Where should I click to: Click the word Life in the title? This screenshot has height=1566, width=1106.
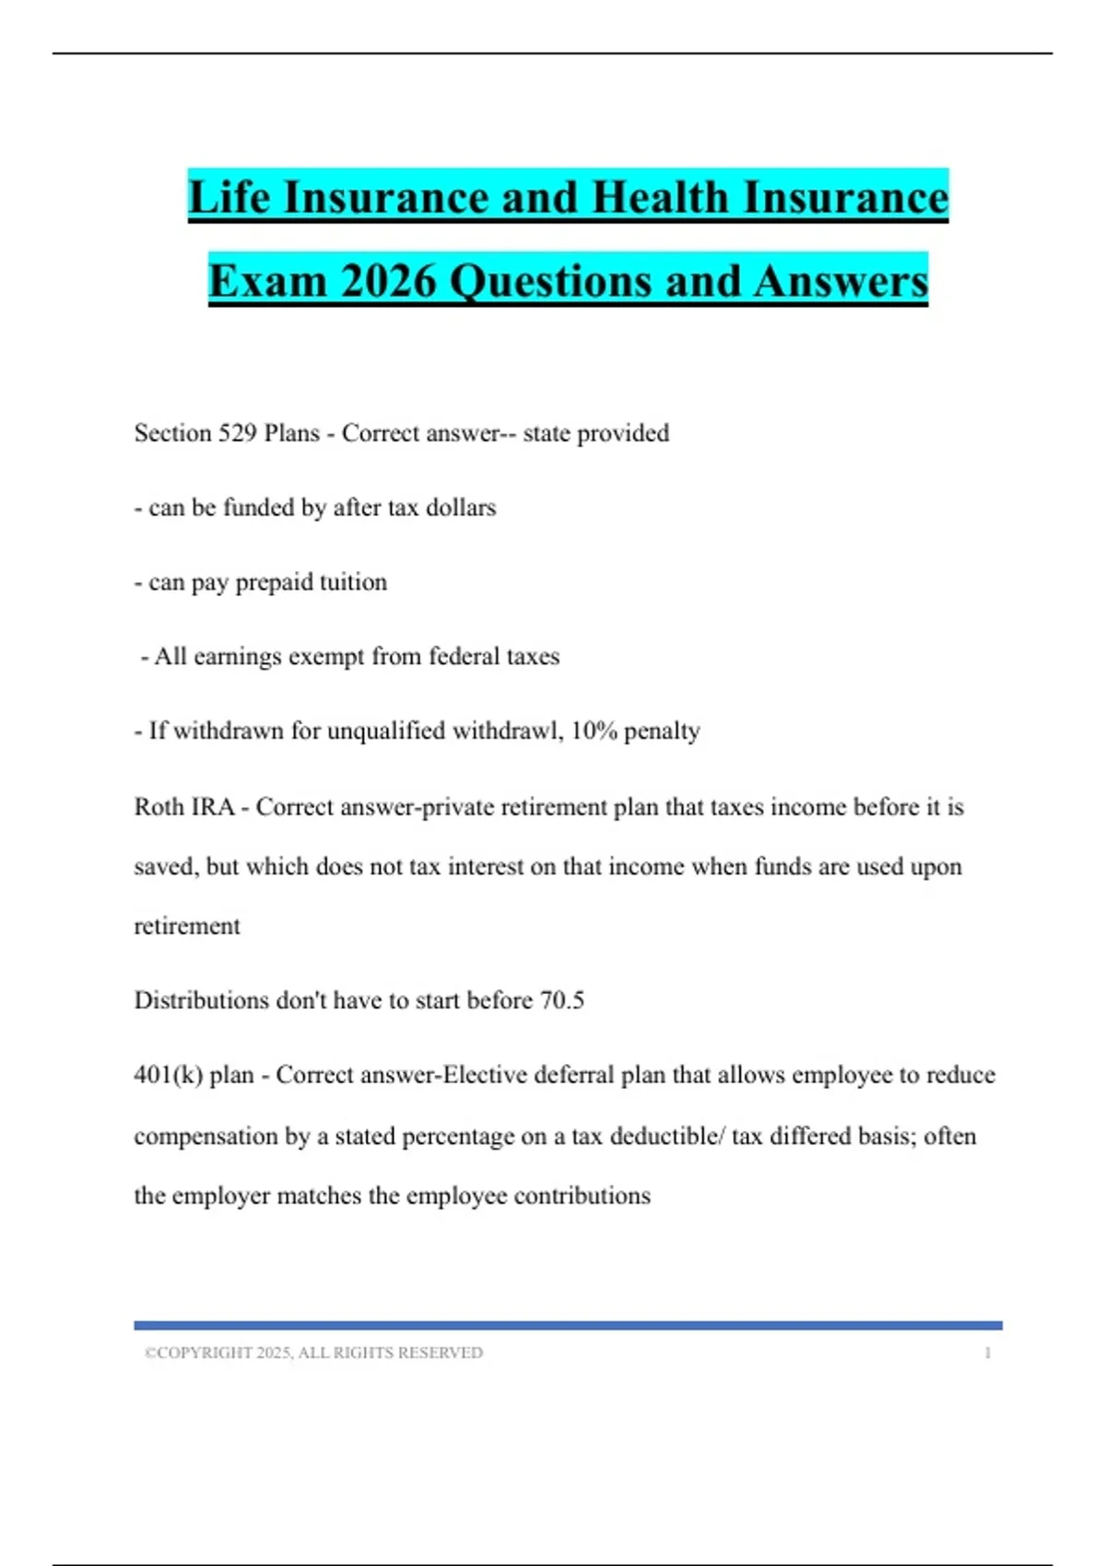[229, 198]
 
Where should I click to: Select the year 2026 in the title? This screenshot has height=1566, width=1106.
[387, 281]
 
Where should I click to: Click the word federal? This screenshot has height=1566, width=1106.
[465, 657]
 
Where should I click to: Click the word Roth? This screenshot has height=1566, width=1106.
[159, 807]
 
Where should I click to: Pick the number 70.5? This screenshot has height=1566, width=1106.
[561, 1000]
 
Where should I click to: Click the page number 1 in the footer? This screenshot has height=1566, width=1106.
[987, 1353]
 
